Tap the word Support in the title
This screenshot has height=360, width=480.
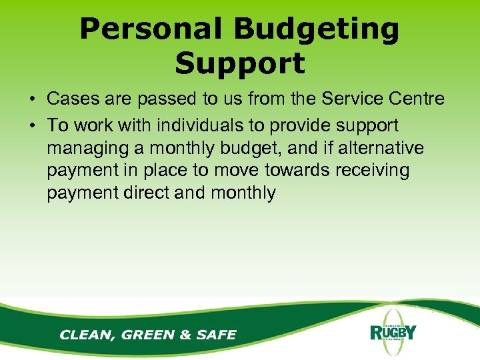click(239, 63)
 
